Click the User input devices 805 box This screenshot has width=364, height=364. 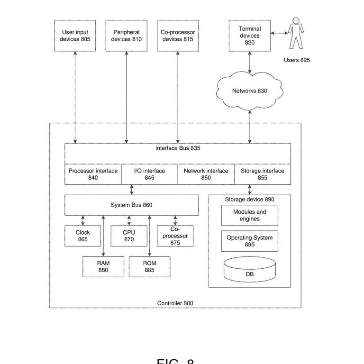[x=75, y=36]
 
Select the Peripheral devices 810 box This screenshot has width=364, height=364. [x=126, y=36]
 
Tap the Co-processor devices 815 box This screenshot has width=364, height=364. [x=178, y=36]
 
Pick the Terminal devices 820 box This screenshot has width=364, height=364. [x=249, y=36]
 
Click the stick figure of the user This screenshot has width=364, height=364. [x=296, y=33]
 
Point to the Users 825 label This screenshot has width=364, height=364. [x=297, y=60]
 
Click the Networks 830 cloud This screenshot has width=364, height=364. [x=249, y=91]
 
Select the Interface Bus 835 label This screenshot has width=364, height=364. [x=178, y=148]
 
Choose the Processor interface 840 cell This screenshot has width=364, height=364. [x=93, y=174]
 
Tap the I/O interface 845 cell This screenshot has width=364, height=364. [x=149, y=174]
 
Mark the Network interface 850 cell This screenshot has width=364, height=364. [x=206, y=174]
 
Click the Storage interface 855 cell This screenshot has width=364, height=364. [x=263, y=174]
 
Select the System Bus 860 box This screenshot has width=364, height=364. [x=131, y=205]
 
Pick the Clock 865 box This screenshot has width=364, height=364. [x=82, y=236]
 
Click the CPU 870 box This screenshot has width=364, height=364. [x=129, y=236]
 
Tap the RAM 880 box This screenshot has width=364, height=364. [x=103, y=267]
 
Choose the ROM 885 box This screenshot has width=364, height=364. [x=149, y=267]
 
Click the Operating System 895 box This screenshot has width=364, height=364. [x=249, y=241]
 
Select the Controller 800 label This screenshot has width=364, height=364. [x=175, y=303]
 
